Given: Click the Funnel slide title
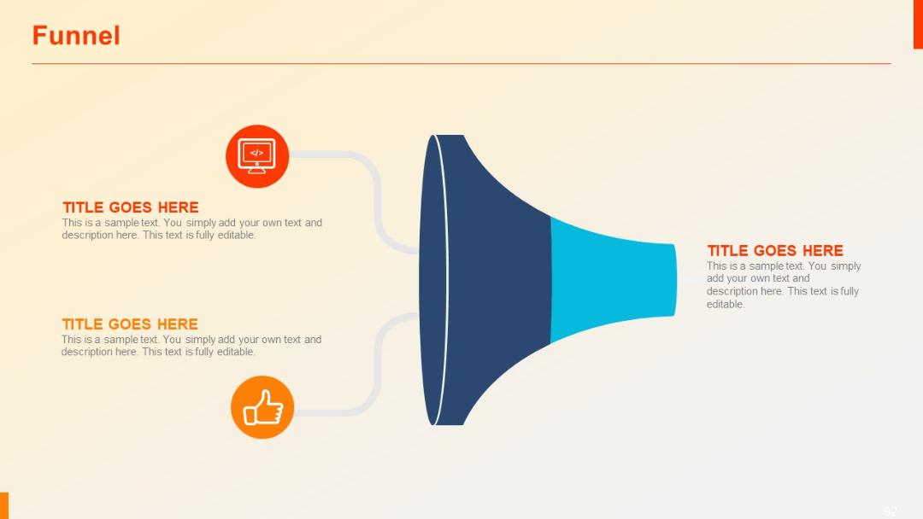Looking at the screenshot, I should click(x=76, y=36).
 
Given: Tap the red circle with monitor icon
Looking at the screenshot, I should click(x=257, y=156).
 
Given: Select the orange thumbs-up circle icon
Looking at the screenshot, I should click(x=262, y=407).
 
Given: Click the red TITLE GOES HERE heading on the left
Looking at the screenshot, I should click(x=130, y=207).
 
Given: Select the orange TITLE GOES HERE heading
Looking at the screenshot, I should click(x=130, y=324).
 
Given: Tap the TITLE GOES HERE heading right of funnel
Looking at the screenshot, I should click(x=774, y=251).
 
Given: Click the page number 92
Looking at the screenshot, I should click(x=891, y=511).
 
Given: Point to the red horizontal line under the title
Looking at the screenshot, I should click(x=461, y=63).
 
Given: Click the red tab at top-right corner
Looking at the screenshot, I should click(x=918, y=24).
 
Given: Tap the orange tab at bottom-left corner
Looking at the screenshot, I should click(x=4, y=505).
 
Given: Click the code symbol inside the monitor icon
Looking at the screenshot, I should click(x=257, y=153).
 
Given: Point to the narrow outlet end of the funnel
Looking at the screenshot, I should click(x=673, y=280).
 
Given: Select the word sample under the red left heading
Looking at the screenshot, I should click(x=121, y=223).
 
